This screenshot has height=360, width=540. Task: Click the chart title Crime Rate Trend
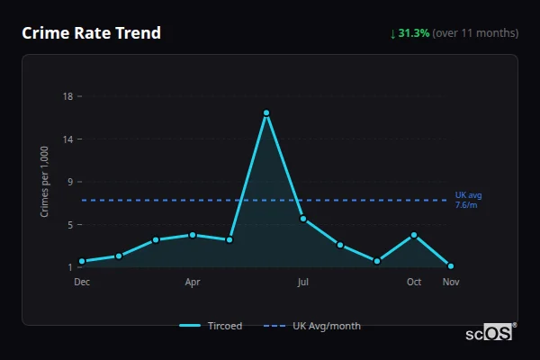(91, 33)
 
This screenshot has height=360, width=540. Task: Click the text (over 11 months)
(475, 33)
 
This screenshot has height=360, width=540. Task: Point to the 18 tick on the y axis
(67, 96)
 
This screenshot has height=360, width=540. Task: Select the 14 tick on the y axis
(67, 139)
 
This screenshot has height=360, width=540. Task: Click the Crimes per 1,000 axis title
(45, 182)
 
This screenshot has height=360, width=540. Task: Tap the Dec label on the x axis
(82, 282)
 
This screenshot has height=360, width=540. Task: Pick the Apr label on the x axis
(193, 282)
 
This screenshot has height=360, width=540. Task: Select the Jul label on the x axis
(303, 282)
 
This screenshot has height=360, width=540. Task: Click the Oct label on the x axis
(414, 282)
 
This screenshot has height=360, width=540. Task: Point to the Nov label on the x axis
(451, 282)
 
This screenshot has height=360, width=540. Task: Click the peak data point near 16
(266, 112)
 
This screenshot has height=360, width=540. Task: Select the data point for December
(82, 261)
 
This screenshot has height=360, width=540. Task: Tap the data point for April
(193, 235)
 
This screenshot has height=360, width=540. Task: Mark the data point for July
(303, 219)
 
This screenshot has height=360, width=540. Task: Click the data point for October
(414, 235)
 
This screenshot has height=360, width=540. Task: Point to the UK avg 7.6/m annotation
(468, 200)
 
